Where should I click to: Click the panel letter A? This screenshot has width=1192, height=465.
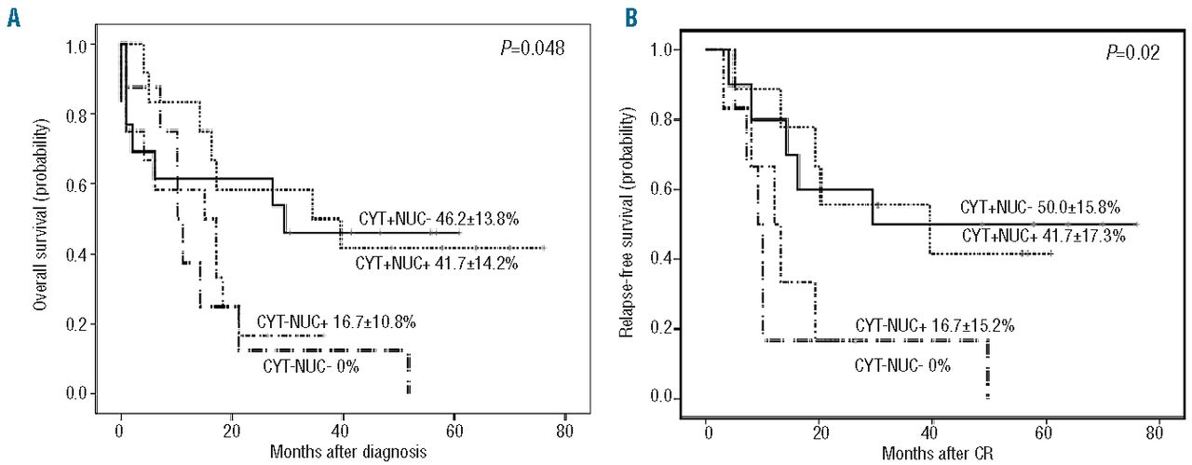pos(13,18)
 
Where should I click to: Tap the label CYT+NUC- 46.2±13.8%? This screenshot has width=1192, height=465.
pos(439,219)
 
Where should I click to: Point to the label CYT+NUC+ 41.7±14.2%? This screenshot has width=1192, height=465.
pos(437,264)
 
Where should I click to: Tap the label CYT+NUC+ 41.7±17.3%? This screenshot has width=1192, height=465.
pos(1043,236)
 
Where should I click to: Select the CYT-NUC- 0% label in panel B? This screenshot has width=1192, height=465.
pos(902,366)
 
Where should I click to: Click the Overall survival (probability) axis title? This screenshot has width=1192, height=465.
pos(39,215)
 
